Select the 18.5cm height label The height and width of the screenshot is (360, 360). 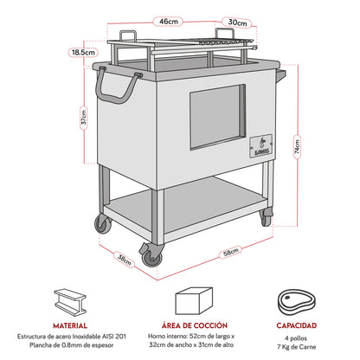[83, 53]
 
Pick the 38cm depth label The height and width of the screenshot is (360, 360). [124, 257]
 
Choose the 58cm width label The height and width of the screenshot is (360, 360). [228, 252]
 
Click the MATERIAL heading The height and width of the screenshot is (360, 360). [71, 327]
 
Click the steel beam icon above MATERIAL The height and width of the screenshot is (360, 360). [71, 302]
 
